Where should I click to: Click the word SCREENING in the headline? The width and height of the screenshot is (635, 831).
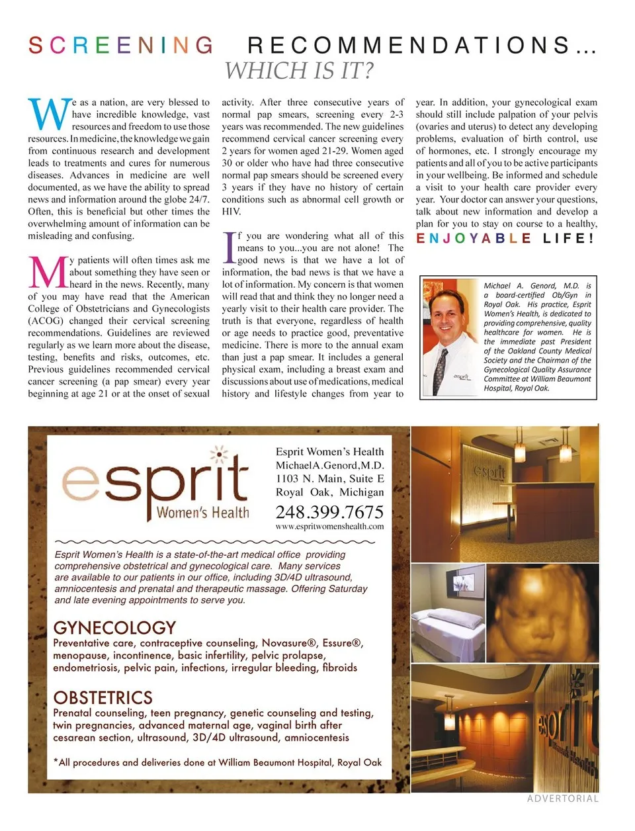(120, 45)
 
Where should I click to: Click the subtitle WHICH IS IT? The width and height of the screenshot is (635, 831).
(299, 71)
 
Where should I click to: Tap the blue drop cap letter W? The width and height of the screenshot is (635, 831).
(49, 115)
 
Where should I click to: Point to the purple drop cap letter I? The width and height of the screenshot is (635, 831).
(229, 247)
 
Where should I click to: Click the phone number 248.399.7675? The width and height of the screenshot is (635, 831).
(329, 511)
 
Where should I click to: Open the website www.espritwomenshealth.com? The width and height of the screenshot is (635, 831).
(329, 527)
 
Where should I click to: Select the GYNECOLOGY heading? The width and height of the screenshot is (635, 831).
(114, 627)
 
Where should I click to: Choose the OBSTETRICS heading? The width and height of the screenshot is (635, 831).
(103, 697)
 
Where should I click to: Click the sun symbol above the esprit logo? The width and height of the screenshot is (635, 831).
(219, 455)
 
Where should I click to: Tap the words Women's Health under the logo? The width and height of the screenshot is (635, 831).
(202, 512)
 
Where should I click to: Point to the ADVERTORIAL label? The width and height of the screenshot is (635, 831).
(562, 799)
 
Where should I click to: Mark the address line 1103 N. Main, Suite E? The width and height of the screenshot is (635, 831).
(329, 478)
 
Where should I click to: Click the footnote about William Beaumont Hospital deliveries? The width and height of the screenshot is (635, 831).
(217, 762)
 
